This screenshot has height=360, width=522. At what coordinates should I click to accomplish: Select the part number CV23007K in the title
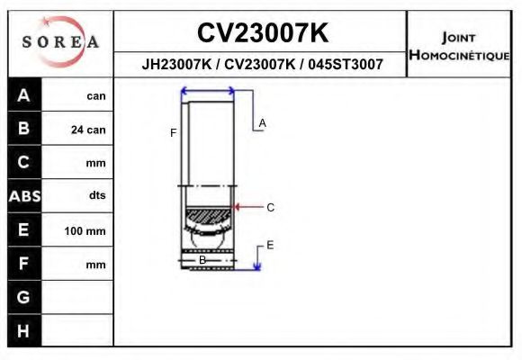click(x=262, y=33)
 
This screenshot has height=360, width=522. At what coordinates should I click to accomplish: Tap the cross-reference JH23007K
click(x=176, y=65)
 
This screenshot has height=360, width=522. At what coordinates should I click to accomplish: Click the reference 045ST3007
click(x=346, y=65)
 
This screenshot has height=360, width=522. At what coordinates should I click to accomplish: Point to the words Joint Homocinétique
click(x=460, y=45)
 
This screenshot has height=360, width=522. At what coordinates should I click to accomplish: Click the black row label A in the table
click(x=24, y=95)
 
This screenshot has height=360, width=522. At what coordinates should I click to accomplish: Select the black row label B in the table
click(x=24, y=129)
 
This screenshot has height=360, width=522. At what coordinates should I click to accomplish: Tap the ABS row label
click(x=24, y=196)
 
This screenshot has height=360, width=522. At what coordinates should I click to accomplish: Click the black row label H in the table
click(x=24, y=331)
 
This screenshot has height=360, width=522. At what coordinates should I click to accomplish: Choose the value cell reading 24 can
click(x=88, y=130)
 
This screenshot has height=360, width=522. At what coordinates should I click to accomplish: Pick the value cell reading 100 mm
click(x=85, y=231)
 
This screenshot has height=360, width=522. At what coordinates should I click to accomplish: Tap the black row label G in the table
click(x=24, y=297)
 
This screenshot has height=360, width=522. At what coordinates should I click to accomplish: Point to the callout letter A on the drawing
click(x=263, y=122)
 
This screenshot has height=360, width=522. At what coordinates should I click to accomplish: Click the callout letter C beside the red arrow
click(x=270, y=207)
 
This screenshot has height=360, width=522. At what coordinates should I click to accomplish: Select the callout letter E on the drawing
click(x=270, y=245)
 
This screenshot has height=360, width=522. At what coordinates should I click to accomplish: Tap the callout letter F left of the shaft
click(x=173, y=133)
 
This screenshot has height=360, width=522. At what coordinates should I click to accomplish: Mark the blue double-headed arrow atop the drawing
click(x=208, y=90)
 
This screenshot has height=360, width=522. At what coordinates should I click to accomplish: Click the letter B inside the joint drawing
click(x=202, y=260)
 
